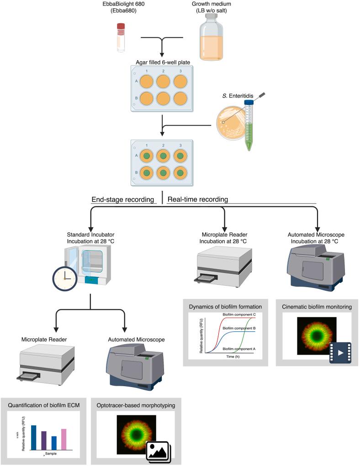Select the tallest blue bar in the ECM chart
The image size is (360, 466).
pyautogui.click(x=33, y=437)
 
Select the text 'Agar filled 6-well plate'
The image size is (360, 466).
pyautogui.click(x=162, y=61)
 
